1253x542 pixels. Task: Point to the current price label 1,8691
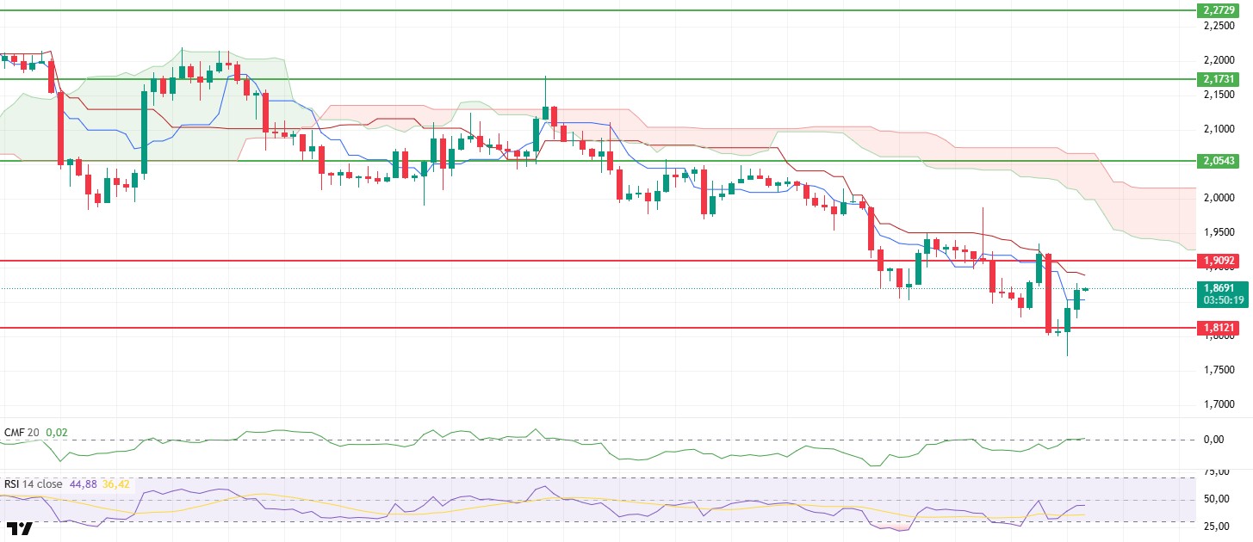click(1220, 288)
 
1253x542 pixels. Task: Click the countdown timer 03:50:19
click(1220, 300)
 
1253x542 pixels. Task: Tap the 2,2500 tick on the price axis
click(1219, 26)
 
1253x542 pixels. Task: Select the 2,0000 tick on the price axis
click(1219, 198)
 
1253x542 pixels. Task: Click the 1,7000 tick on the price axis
click(1219, 404)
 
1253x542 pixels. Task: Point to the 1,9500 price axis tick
click(1219, 232)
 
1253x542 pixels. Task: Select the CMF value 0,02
click(56, 432)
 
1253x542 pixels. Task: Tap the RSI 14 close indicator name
click(34, 483)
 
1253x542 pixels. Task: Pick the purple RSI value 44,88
click(83, 483)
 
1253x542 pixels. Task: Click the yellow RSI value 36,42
click(115, 483)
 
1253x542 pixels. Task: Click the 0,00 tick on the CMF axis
click(1213, 440)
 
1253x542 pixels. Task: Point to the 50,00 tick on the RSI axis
click(1215, 499)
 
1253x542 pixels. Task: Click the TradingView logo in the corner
click(20, 528)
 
